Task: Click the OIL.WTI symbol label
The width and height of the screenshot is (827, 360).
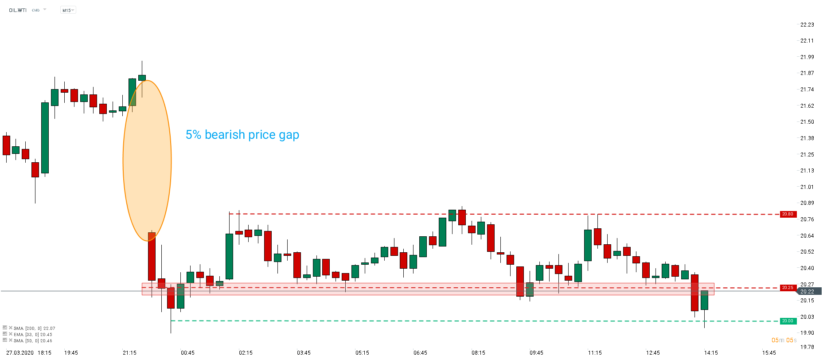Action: click(x=18, y=10)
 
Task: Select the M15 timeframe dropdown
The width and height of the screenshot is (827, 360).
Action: click(x=68, y=10)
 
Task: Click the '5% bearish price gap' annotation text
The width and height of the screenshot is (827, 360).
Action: click(x=242, y=135)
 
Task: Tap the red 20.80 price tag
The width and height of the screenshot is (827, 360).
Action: click(x=788, y=214)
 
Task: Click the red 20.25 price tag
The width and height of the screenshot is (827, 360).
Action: click(x=788, y=288)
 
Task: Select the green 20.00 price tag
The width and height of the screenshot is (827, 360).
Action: click(x=788, y=321)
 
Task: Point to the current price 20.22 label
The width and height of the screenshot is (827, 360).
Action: click(x=807, y=291)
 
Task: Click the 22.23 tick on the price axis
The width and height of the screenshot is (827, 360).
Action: click(x=807, y=25)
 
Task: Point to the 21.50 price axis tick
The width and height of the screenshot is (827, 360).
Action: click(x=807, y=122)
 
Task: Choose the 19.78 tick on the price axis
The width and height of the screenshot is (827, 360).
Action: click(x=807, y=347)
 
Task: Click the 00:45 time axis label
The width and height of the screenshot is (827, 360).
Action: click(x=187, y=353)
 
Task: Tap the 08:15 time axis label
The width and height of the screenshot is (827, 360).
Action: click(x=478, y=353)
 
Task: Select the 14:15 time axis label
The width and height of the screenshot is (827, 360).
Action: click(x=711, y=353)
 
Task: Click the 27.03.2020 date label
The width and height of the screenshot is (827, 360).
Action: click(x=20, y=353)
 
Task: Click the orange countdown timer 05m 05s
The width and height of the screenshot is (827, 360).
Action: click(x=784, y=340)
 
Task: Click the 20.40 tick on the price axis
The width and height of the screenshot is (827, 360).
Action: click(x=807, y=268)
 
